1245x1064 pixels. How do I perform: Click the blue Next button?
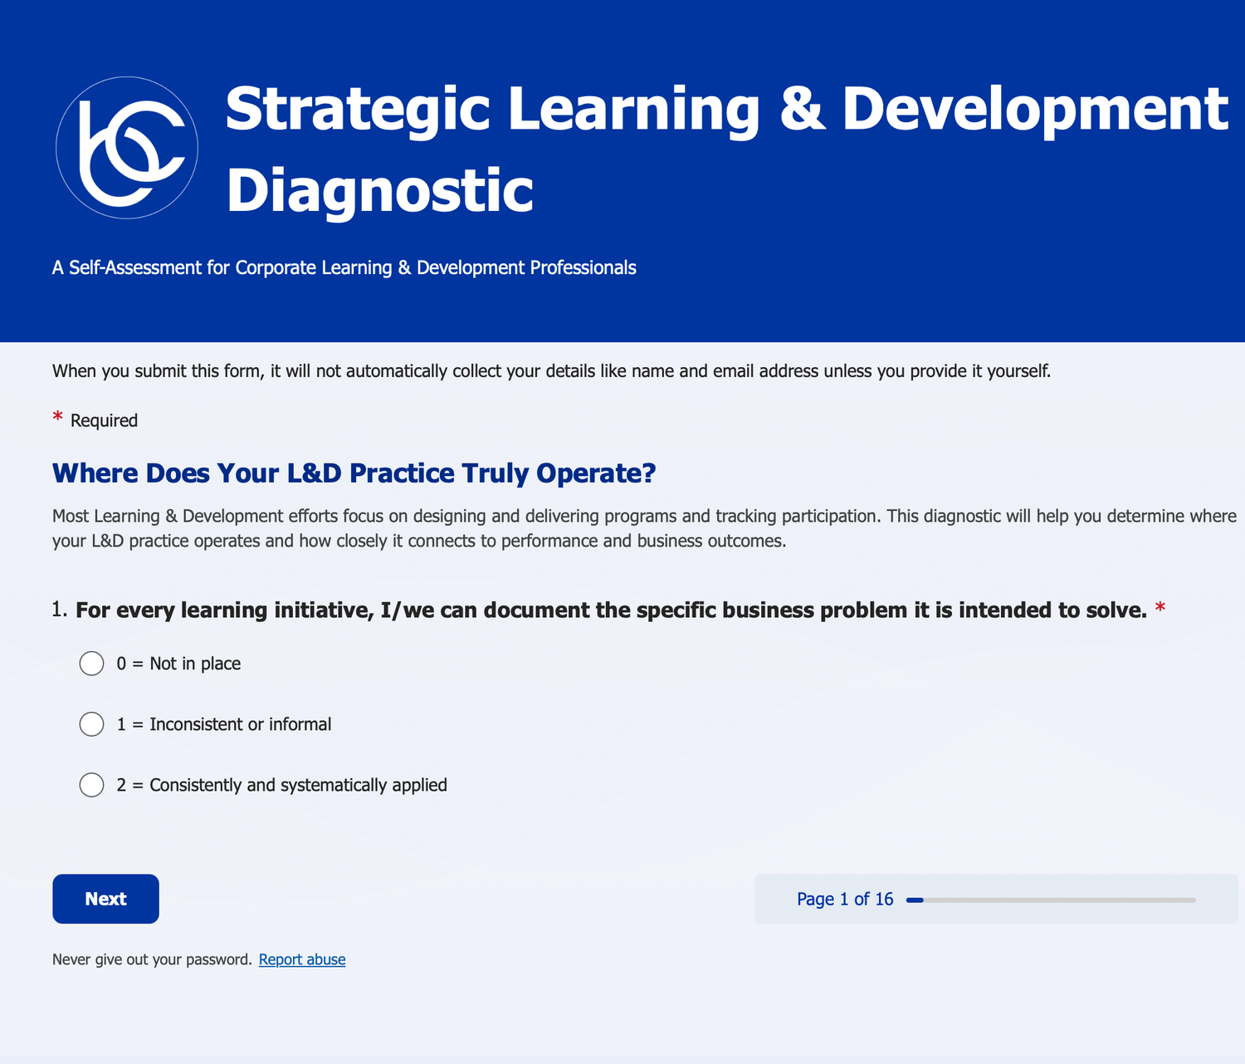[105, 898]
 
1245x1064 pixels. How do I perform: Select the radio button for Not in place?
[91, 663]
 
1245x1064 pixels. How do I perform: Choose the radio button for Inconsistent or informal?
[91, 724]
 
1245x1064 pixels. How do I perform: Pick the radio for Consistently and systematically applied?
[91, 785]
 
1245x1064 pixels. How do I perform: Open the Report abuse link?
[302, 959]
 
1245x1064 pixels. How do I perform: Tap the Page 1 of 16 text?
[844, 899]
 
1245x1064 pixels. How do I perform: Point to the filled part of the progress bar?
[915, 900]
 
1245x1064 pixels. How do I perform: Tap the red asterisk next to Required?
[58, 417]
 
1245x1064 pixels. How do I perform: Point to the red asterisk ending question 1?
[1160, 608]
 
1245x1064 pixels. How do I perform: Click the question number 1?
[59, 610]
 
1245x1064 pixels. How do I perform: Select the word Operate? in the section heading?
[596, 473]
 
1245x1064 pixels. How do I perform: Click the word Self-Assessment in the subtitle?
[135, 267]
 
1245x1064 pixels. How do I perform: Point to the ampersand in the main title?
[801, 109]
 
